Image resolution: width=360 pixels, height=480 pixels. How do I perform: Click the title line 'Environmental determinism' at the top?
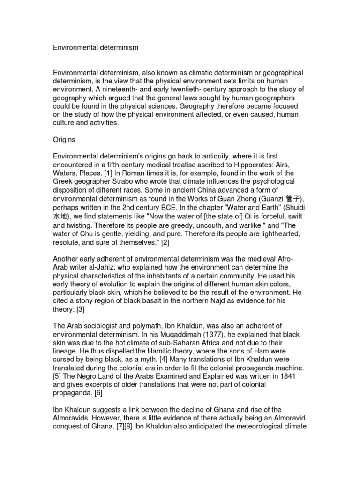(x=96, y=47)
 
